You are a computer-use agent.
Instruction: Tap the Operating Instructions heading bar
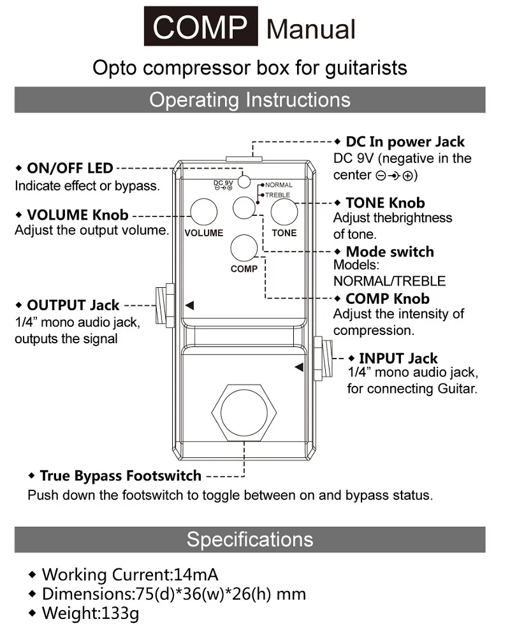coord(250,100)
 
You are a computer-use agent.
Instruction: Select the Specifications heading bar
coord(250,539)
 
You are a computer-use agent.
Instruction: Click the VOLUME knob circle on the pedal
coord(203,211)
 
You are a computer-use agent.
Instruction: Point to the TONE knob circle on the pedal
coord(284,212)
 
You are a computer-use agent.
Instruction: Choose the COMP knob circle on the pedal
coord(244,247)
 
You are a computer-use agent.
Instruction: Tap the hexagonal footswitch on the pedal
coord(244,412)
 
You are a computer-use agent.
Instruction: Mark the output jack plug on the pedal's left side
coord(164,306)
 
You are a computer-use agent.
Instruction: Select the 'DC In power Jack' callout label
coord(405,142)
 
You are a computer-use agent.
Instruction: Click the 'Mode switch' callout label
coord(390,252)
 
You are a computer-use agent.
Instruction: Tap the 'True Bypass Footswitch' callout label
coord(120,476)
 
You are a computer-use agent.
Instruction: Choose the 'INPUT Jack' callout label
coord(398,359)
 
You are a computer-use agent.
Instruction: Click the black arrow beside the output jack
coord(189,306)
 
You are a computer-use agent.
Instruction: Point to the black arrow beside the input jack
coord(298,367)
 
